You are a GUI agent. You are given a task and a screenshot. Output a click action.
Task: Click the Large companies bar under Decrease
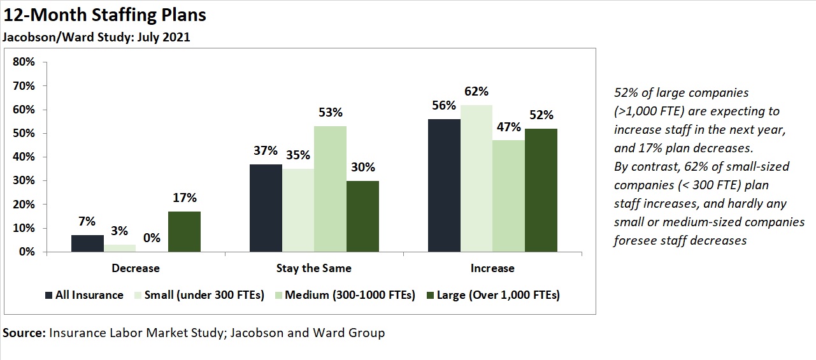tap(184, 232)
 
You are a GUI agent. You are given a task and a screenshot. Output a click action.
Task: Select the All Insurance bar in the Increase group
tap(444, 185)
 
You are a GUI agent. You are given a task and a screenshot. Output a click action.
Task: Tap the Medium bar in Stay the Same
tap(330, 189)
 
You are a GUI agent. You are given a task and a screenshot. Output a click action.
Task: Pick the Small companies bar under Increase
tap(476, 178)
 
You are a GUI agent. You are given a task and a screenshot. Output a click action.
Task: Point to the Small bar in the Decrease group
tap(119, 248)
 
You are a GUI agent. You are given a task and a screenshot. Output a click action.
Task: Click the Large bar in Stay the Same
tap(362, 217)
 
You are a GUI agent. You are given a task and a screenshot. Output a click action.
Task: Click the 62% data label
tap(476, 91)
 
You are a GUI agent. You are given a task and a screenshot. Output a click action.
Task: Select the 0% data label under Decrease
tap(152, 238)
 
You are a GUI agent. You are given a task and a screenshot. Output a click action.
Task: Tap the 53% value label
tap(330, 113)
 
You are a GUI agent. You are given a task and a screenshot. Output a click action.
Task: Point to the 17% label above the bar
tap(184, 198)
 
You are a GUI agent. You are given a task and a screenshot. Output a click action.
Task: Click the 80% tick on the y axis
tap(24, 62)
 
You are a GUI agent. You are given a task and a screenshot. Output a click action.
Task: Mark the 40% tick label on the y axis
tap(24, 157)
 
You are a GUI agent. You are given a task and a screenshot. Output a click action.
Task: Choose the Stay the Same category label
tap(313, 268)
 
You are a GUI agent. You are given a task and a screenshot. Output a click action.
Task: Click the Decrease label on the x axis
tap(135, 268)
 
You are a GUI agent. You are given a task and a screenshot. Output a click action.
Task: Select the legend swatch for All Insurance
tap(49, 296)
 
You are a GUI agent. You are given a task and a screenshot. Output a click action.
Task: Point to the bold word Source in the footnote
tap(23, 333)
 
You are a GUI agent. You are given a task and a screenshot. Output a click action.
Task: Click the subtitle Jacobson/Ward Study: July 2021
tap(96, 37)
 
